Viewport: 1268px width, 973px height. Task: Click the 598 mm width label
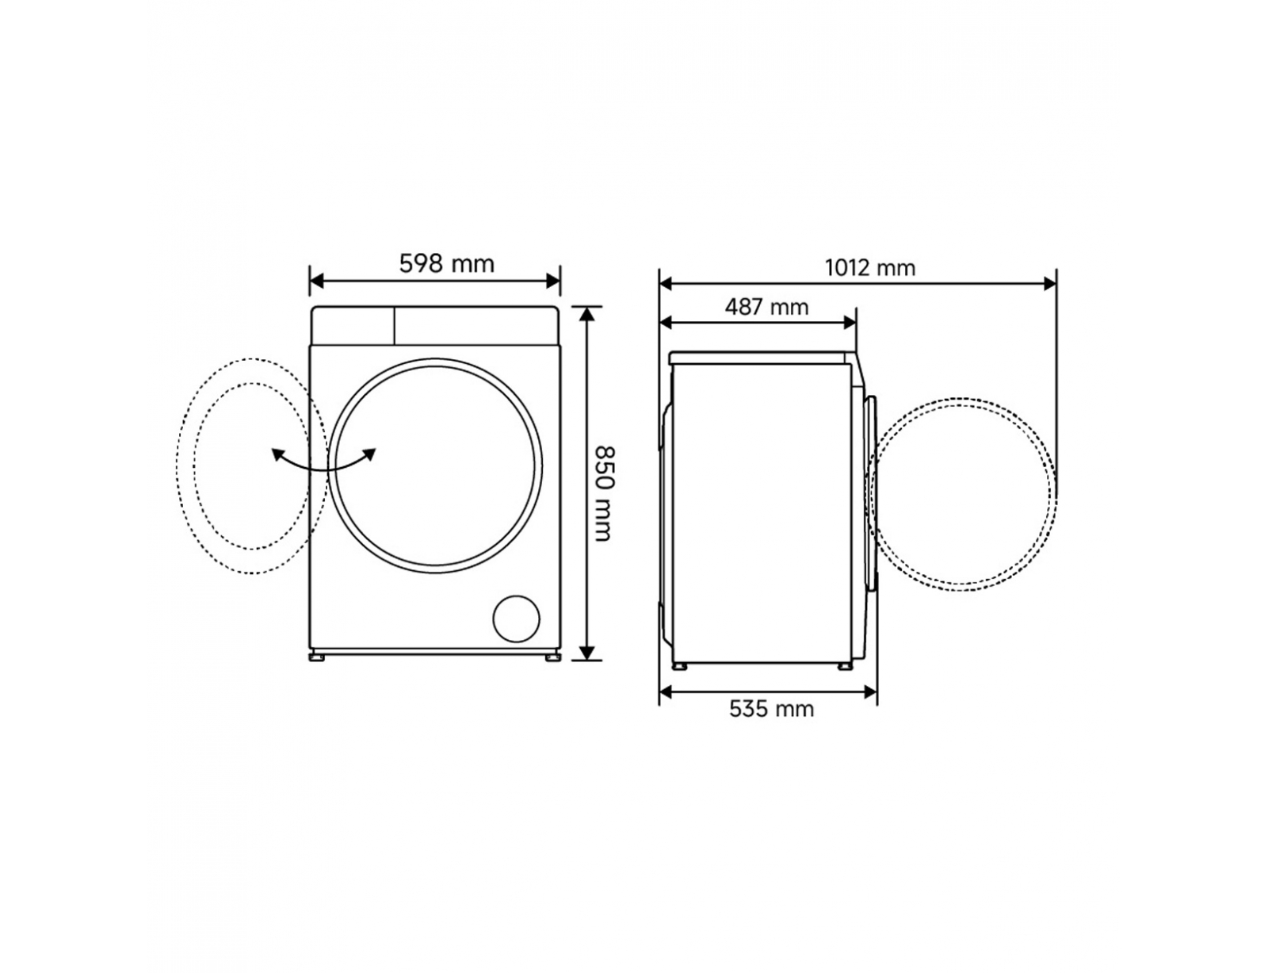[x=446, y=264]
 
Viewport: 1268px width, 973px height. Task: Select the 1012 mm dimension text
[x=869, y=268]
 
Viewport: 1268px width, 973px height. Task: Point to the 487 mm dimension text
[x=767, y=307]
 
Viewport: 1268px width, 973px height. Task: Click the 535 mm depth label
[x=771, y=709]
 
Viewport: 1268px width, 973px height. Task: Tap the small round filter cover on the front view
[x=517, y=619]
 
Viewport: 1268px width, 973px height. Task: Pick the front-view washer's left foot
[x=318, y=657]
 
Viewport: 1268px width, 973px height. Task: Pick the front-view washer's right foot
[x=552, y=657]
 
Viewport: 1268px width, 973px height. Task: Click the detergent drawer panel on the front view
[x=353, y=326]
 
